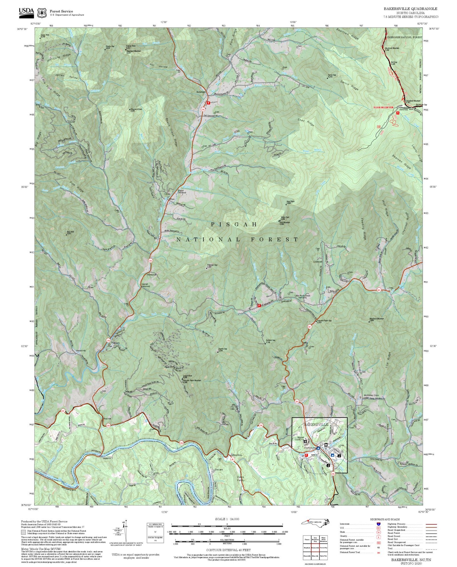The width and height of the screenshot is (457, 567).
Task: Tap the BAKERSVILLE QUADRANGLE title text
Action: pos(411,9)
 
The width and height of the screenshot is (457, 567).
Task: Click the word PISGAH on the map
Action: pos(234,224)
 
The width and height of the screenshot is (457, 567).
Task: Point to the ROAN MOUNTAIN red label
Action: pos(383,107)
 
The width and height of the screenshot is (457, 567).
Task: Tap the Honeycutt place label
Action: pos(152,275)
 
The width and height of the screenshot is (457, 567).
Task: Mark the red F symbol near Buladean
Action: pos(208,103)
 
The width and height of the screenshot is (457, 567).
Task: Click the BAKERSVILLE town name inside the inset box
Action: pos(316,424)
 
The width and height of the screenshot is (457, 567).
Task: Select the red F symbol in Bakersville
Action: pos(306,455)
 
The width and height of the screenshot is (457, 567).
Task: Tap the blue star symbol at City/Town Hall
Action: pos(318,448)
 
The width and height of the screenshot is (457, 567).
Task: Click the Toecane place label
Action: pos(219,469)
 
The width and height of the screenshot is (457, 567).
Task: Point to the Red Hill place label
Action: pos(107,418)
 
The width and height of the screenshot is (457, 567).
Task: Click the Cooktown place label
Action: pos(318,262)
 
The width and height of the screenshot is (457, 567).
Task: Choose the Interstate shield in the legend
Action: pos(378,524)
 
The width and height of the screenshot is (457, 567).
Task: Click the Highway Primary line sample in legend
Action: pos(431,524)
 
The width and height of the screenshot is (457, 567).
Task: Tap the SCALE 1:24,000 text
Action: pos(227,519)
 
